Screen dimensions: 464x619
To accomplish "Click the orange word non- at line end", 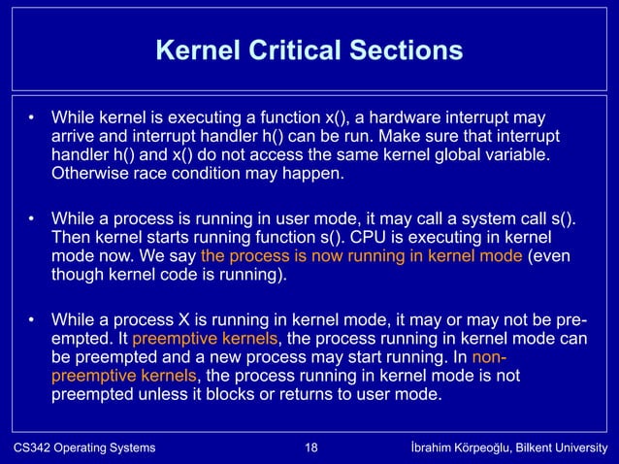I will [x=490, y=357].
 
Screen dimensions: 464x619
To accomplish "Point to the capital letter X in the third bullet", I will [x=174, y=319].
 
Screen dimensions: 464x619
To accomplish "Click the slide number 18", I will [x=310, y=447].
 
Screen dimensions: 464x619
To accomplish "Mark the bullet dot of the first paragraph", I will [x=31, y=119].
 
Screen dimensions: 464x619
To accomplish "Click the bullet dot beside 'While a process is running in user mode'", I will [x=31, y=219].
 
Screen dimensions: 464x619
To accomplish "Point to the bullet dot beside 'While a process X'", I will [x=31, y=320].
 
